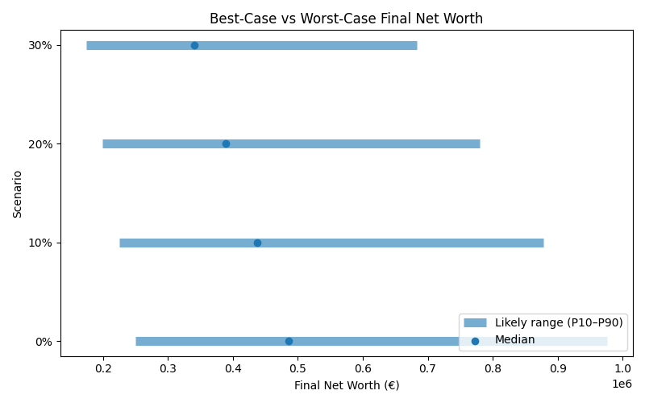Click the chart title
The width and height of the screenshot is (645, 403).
[x=346, y=19]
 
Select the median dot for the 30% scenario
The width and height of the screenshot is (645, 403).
[x=194, y=45]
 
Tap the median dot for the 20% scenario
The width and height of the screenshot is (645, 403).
[x=226, y=143]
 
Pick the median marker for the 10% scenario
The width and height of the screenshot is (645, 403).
[x=257, y=243]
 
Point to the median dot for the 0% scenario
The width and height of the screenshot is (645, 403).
[x=289, y=341]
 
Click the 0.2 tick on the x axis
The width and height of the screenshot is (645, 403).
[x=103, y=368]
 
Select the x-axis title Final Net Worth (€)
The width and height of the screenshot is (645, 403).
[x=346, y=385]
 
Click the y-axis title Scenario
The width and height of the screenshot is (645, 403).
[x=18, y=193]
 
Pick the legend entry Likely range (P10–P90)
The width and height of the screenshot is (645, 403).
[x=559, y=322]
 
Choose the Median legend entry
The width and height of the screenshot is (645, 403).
[x=514, y=340]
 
